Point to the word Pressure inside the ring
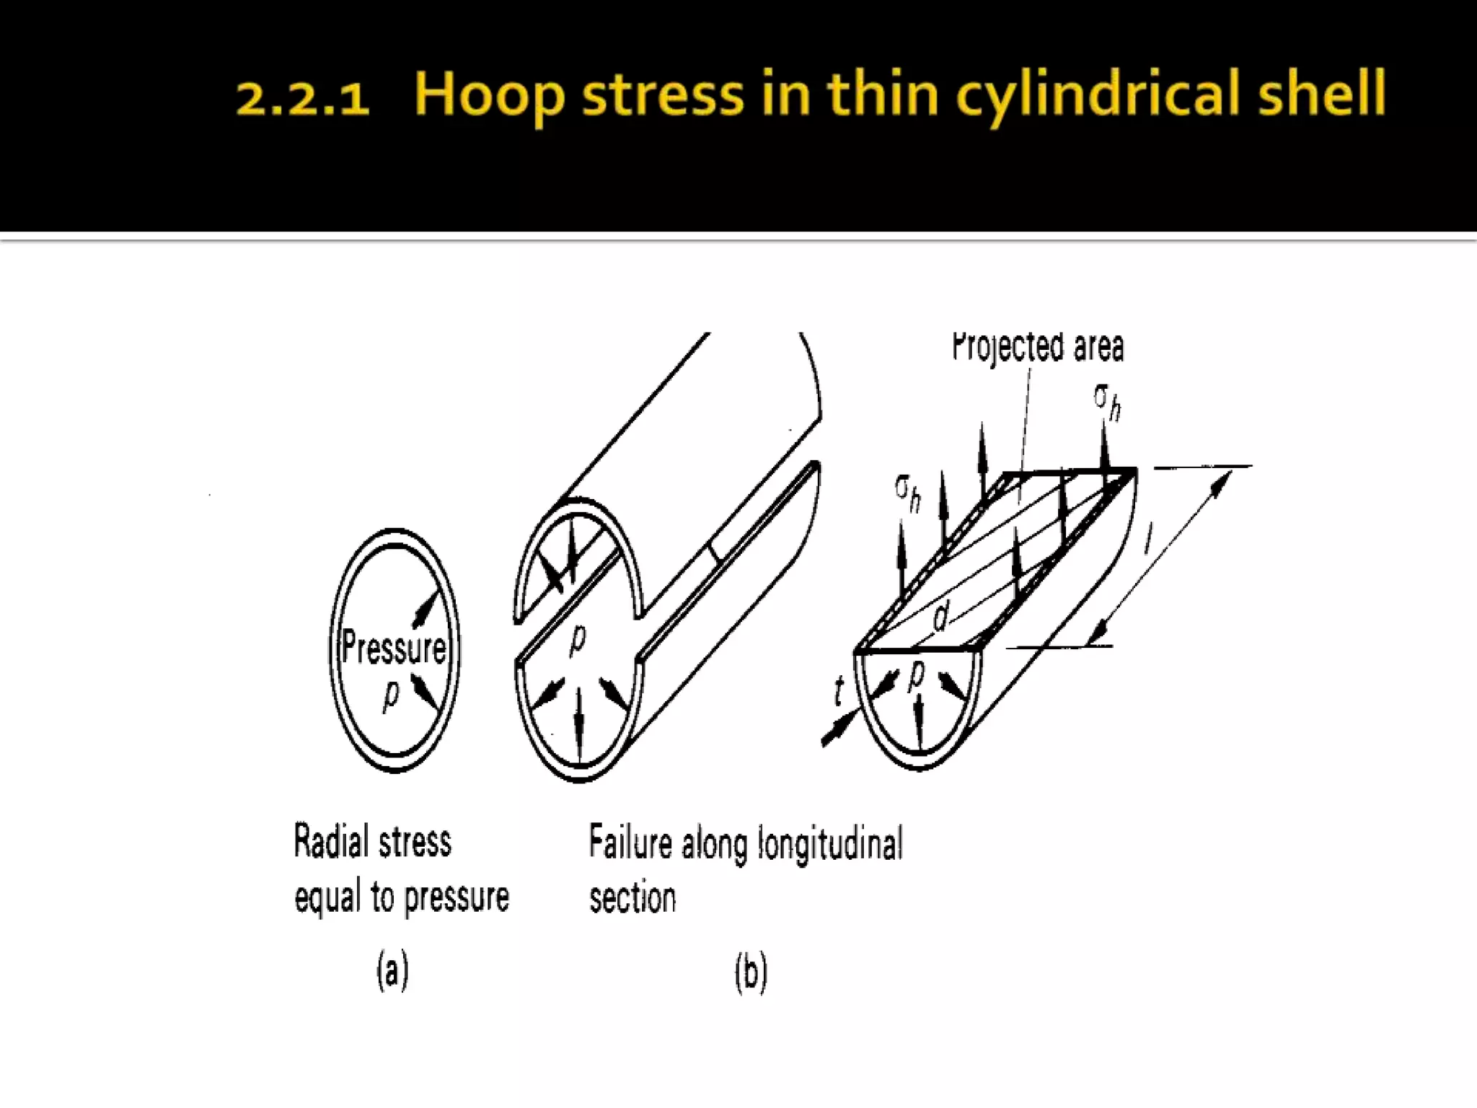394,646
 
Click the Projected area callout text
1038,347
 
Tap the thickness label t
839,691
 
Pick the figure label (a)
392,971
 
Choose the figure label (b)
751,972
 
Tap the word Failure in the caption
630,843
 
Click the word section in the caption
632,898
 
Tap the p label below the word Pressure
390,695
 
